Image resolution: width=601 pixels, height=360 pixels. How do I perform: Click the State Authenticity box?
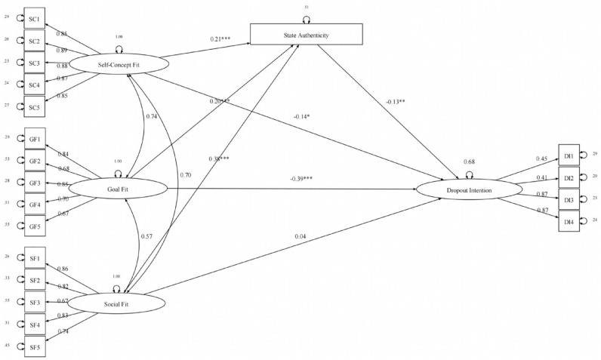307,33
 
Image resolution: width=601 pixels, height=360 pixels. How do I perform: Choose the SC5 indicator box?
35,107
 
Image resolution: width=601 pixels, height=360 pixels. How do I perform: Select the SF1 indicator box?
35,257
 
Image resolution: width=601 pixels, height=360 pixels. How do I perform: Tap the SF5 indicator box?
35,347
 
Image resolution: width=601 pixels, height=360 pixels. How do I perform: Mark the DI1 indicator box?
568,155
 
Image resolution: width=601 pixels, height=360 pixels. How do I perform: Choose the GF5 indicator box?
35,226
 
